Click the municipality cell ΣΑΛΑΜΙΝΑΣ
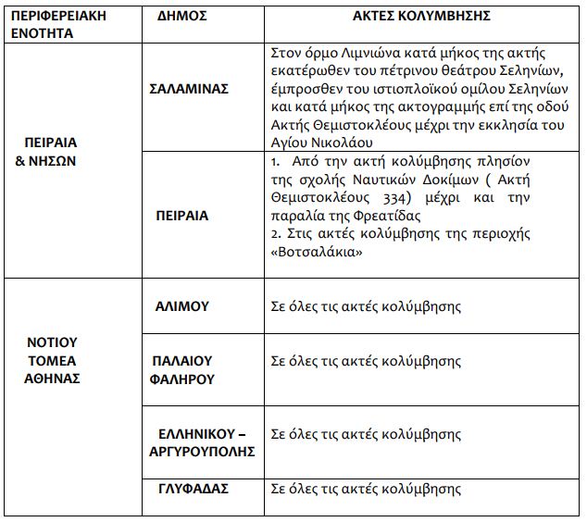189,90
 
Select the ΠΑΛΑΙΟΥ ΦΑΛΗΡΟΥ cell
182,367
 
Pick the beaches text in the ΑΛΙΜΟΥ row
364,306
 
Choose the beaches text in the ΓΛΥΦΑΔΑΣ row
364,490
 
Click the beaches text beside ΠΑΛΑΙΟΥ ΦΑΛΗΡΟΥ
364,361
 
